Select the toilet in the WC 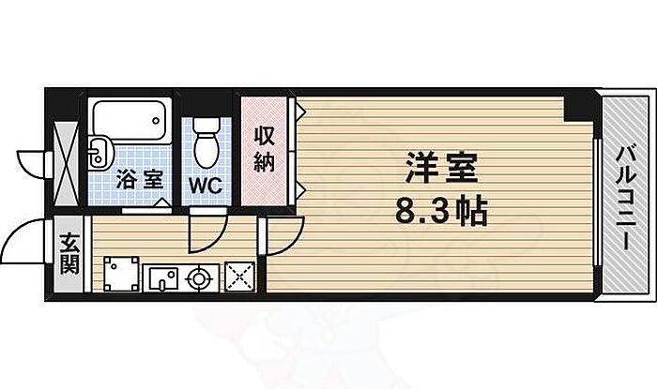pyautogui.click(x=207, y=140)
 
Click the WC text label pyautogui.click(x=206, y=184)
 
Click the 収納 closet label pyautogui.click(x=263, y=150)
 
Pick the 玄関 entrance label pyautogui.click(x=70, y=253)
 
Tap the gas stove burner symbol pyautogui.click(x=199, y=277)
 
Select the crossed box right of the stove pyautogui.click(x=241, y=277)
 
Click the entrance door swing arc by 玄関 pyautogui.click(x=26, y=246)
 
